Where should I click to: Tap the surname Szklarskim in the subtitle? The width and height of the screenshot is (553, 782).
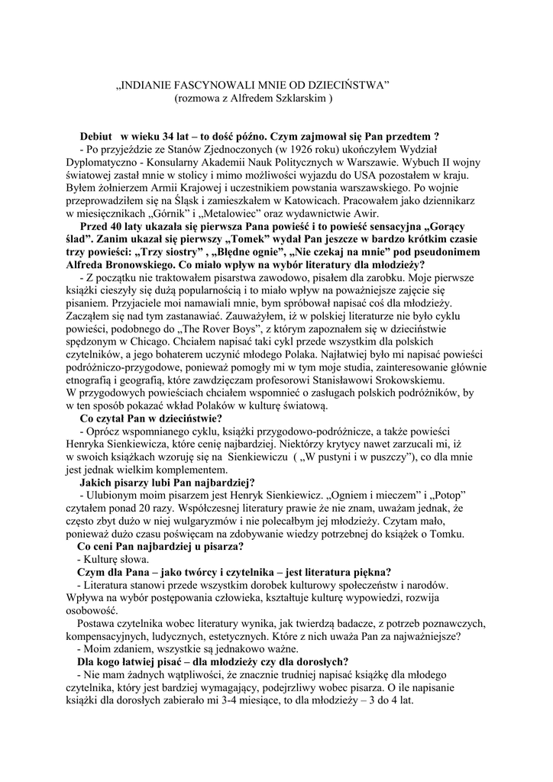[x=299, y=99]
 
